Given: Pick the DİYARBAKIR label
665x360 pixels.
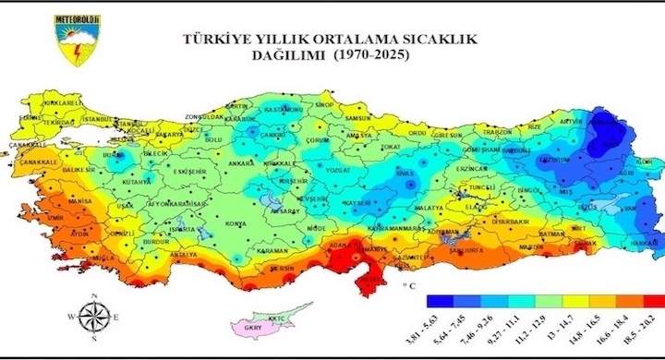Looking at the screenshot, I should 509,222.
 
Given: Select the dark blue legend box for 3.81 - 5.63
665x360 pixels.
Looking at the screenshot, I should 440,301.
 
